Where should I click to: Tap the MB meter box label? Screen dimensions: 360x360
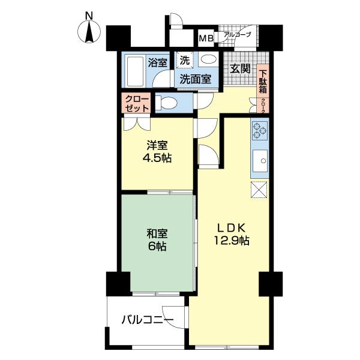point(206,39)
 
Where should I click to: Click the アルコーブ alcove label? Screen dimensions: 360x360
point(237,35)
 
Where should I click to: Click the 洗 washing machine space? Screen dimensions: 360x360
point(185,60)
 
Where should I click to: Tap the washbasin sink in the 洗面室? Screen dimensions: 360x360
point(208,59)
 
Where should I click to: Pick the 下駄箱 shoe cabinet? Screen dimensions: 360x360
point(263,79)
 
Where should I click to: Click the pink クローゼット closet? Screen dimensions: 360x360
point(137,103)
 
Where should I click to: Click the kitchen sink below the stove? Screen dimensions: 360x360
point(259,161)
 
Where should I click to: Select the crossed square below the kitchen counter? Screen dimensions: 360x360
point(259,189)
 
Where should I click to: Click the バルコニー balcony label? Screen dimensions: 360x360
point(148,320)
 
